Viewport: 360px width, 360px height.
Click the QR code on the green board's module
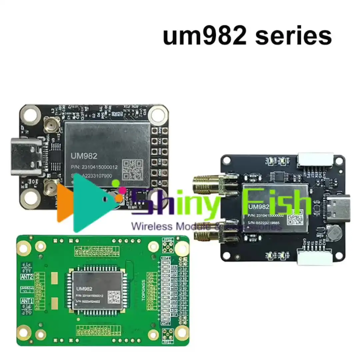click(114, 296)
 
